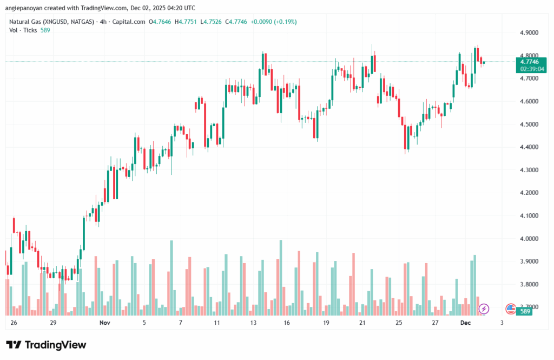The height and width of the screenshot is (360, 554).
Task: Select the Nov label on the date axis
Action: (105, 323)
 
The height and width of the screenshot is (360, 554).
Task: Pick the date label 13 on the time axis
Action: (253, 323)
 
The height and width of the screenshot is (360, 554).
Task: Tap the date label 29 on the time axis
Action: (53, 323)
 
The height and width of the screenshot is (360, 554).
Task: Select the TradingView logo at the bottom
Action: (46, 345)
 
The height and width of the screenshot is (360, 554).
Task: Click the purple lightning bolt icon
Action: (484, 309)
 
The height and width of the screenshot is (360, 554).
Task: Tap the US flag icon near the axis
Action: (510, 309)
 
